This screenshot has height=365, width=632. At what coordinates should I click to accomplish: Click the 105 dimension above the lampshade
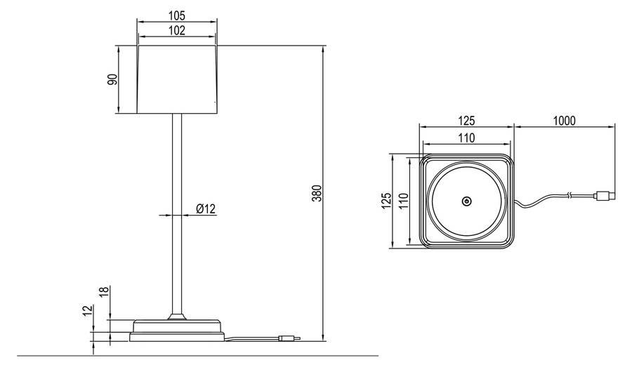tap(177, 15)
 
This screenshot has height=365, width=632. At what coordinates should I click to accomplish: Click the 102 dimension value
tap(177, 29)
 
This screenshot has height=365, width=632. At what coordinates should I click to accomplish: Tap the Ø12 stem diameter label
tap(206, 208)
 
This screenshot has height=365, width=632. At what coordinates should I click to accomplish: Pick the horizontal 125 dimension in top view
tap(466, 121)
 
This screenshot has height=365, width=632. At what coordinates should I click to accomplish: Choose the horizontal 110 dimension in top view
tap(466, 138)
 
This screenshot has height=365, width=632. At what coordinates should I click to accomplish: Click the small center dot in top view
tap(466, 201)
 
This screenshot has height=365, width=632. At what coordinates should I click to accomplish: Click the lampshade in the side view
tap(177, 79)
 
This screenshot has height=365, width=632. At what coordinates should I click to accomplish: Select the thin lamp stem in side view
tap(177, 211)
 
